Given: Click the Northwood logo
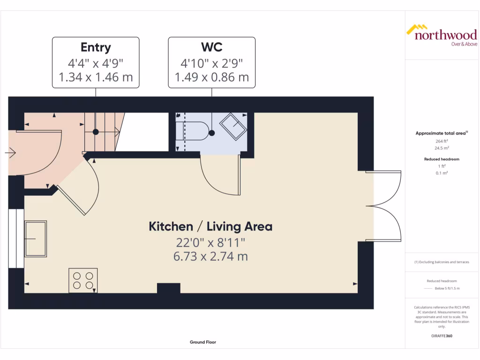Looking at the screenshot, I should [441, 35].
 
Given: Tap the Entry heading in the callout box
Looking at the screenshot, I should [96, 47].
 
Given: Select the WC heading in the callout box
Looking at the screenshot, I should [211, 47].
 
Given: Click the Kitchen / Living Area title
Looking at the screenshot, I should [210, 226].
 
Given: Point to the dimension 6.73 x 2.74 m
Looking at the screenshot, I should [210, 256].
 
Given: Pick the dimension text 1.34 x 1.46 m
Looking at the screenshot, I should [96, 77].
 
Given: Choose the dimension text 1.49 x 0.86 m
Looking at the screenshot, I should [211, 77].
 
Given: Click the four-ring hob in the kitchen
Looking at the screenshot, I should [83, 280].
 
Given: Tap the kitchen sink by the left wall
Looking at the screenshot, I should [36, 239].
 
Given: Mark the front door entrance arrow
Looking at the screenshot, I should [10, 152].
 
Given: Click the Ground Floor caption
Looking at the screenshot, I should [202, 342].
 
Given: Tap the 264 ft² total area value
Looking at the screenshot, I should [441, 140].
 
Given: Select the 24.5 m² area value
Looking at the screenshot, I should [441, 147].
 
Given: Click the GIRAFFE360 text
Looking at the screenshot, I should [441, 336].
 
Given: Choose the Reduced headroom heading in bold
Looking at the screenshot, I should [441, 159].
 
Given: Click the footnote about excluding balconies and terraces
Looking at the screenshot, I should [441, 262].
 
